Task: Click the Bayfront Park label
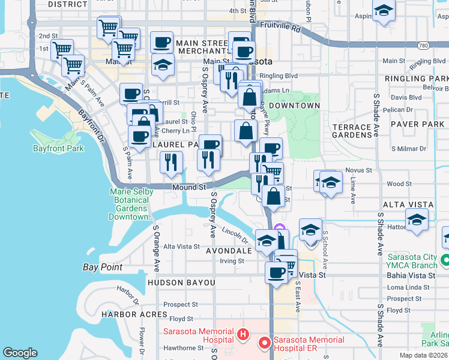coord(58,148)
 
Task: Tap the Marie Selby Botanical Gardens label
coord(131,204)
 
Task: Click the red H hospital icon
coord(243,334)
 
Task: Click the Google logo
coord(20,353)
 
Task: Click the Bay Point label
coord(102,267)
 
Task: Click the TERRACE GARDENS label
coord(352,131)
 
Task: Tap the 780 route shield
coord(423,46)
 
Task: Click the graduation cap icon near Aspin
coord(384,11)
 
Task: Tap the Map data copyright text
coord(424,355)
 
